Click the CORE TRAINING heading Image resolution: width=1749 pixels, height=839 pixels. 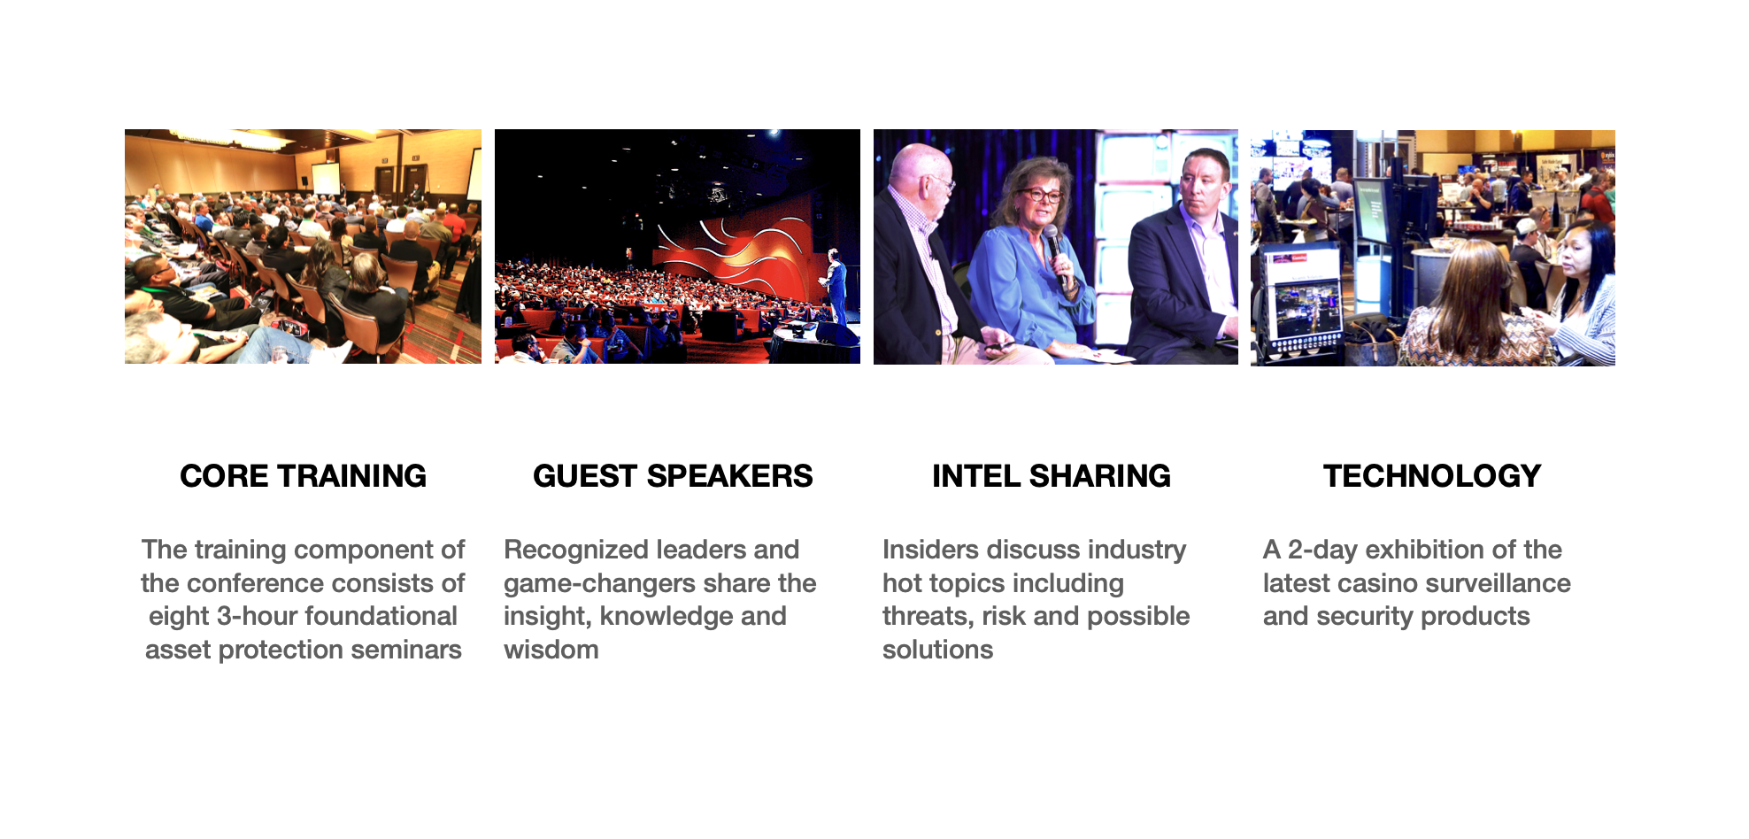point(303,476)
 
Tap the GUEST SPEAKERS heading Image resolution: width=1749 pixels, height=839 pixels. point(673,476)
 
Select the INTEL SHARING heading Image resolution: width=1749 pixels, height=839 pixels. point(1052,476)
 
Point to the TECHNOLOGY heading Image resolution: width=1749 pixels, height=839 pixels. point(1432,476)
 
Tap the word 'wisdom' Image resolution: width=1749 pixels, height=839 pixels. point(551,650)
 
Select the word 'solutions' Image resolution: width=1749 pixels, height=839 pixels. point(937,650)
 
